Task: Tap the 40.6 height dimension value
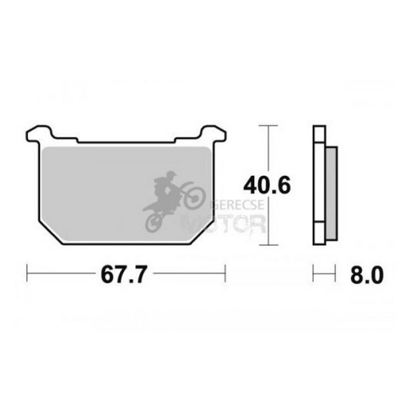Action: pos(267,185)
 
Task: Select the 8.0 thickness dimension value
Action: pos(367,275)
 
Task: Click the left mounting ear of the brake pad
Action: pos(39,134)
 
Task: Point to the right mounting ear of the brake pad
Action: pos(213,134)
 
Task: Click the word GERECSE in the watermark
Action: pos(237,204)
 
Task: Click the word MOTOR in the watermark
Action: pos(224,224)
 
